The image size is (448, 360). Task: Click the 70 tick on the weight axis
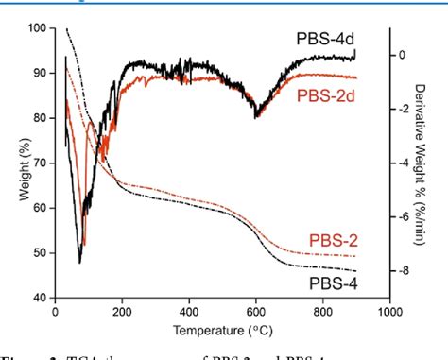[41, 163]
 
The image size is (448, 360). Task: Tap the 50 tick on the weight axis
[41, 253]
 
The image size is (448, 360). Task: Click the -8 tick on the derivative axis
[402, 271]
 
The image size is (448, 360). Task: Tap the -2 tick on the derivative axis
[402, 110]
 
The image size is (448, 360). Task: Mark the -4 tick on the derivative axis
[402, 163]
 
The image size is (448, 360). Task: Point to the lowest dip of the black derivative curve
[80, 262]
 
